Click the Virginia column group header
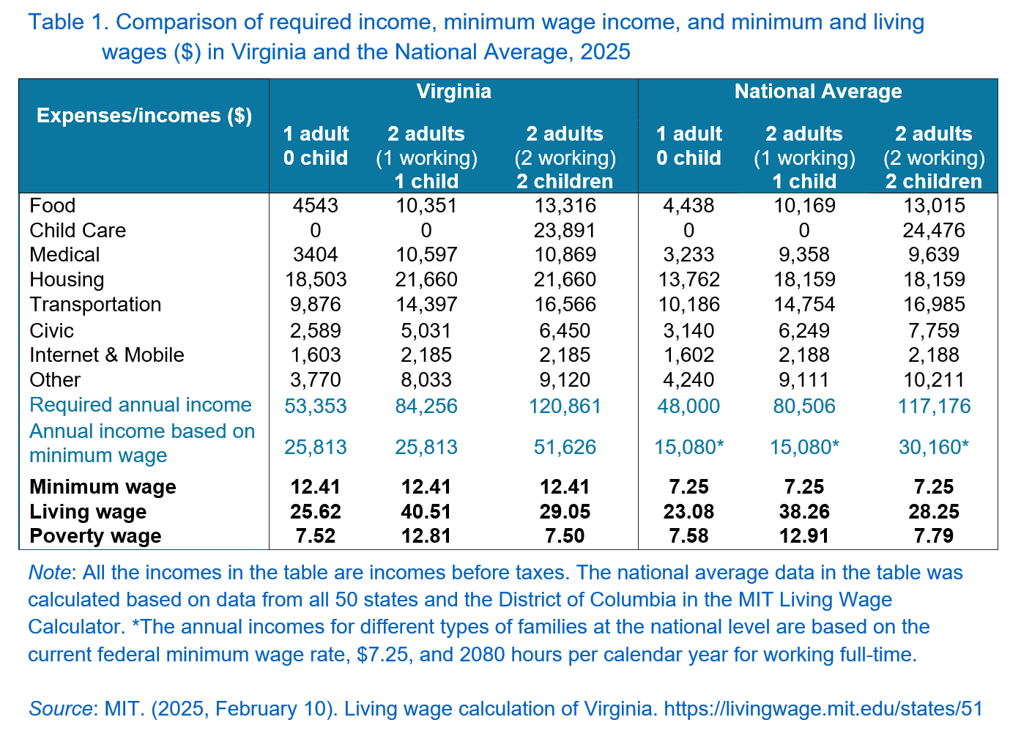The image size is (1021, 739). tap(453, 92)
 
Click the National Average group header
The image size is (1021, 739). tap(818, 92)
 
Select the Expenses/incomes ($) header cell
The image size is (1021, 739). tap(144, 116)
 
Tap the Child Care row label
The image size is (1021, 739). tap(78, 230)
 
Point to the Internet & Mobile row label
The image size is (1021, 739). tap(107, 354)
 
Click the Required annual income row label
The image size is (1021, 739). tap(141, 405)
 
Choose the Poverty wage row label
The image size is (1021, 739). tap(95, 536)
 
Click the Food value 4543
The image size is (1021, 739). tap(316, 206)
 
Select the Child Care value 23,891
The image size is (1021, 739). tap(565, 230)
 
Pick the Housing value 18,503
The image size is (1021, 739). tap(316, 280)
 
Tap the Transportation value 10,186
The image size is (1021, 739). tap(688, 304)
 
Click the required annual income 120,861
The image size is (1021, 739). tap(565, 406)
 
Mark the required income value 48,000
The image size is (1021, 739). tap(688, 406)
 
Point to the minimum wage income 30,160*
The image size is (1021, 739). tap(934, 448)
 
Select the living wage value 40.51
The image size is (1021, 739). tap(426, 511)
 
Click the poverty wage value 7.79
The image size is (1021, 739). tap(934, 536)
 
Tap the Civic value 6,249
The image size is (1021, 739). tap(804, 330)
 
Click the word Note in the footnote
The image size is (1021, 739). tap(49, 573)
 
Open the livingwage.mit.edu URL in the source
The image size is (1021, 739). tap(823, 709)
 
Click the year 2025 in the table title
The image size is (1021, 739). tap(605, 52)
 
